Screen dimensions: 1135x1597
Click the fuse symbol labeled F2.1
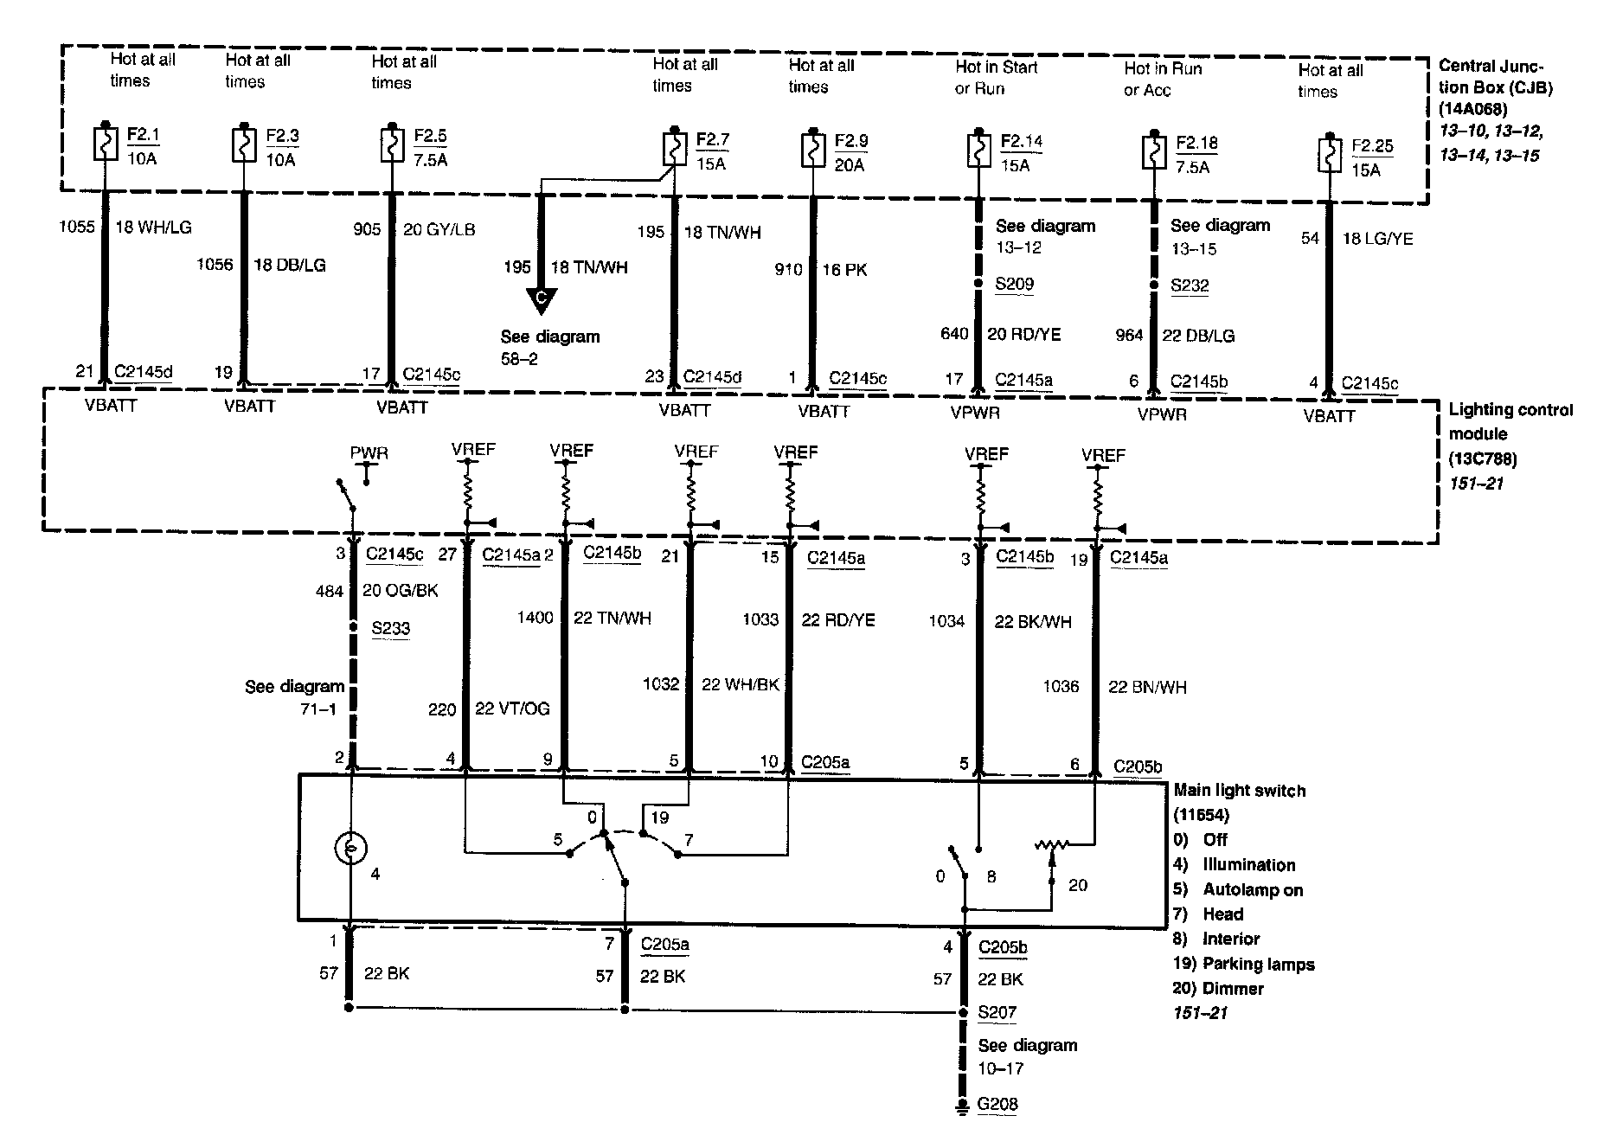105,144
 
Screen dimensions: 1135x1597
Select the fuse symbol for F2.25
1329,155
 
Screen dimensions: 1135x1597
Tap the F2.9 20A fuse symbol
812,149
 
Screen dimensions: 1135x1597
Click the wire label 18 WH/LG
153,228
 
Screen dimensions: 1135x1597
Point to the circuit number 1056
215,265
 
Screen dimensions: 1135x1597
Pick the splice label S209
1015,285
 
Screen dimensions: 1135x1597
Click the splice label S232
1190,285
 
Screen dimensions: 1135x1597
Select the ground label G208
998,1104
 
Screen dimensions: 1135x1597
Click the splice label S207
997,1012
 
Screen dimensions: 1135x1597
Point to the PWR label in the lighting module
369,452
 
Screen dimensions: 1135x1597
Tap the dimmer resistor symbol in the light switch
1053,844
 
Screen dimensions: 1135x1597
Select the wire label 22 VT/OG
512,709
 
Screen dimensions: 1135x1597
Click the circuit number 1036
1061,687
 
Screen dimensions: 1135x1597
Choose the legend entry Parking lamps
1258,964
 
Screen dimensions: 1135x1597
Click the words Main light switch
1239,791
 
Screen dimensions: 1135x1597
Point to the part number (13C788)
1483,458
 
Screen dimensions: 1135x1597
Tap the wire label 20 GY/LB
439,230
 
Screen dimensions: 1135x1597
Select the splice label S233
390,629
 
